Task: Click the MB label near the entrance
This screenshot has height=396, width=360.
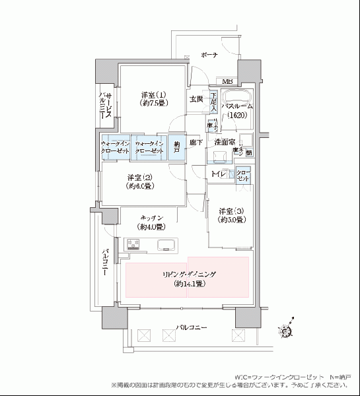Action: pyautogui.click(x=227, y=81)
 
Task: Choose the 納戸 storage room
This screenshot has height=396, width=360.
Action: pyautogui.click(x=176, y=148)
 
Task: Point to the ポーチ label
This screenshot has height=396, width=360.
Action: pyautogui.click(x=210, y=56)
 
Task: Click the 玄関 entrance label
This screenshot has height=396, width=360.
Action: pyautogui.click(x=196, y=100)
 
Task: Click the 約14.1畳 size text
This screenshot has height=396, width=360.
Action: pyautogui.click(x=188, y=284)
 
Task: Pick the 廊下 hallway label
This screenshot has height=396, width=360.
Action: pyautogui.click(x=196, y=142)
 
